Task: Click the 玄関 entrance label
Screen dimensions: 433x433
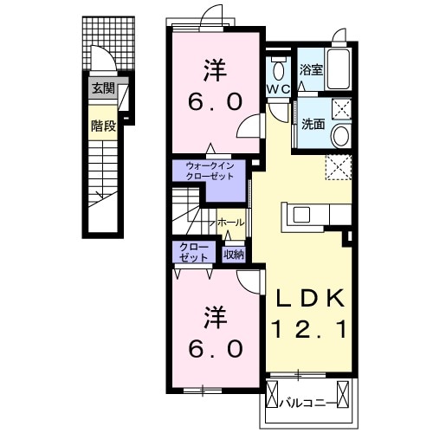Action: pos(103,88)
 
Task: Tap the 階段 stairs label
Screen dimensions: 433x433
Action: pos(103,126)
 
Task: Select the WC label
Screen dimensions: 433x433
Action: pos(278,89)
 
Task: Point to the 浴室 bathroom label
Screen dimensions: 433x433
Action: pos(311,69)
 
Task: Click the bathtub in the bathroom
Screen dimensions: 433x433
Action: pos(338,68)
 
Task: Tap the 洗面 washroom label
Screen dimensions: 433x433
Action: pos(313,124)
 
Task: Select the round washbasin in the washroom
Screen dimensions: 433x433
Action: pos(341,136)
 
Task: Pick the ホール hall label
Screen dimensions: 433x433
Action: pos(231,223)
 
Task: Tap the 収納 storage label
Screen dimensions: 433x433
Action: pos(234,255)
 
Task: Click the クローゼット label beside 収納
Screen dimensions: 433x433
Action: pos(193,252)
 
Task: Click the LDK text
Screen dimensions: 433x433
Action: pos(311,298)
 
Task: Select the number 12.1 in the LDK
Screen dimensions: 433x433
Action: pos(311,330)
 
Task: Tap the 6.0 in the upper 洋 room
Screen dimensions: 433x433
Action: pos(215,102)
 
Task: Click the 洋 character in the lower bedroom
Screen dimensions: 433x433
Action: pos(216,318)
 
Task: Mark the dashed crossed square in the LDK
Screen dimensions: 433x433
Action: pos(339,167)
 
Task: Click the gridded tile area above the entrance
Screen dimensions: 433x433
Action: pos(108,43)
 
